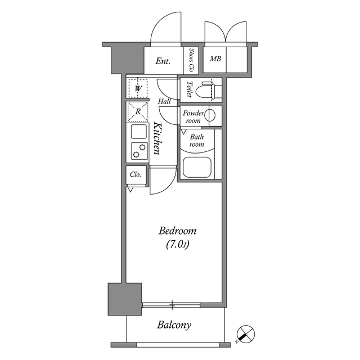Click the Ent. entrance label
[x=163, y=61]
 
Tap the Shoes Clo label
[x=192, y=61]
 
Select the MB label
[x=215, y=59]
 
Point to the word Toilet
[x=190, y=89]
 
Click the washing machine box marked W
[x=137, y=88]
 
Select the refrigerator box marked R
[x=137, y=111]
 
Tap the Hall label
[x=164, y=101]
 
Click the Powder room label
[x=192, y=116]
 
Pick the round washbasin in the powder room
[x=210, y=116]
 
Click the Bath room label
[x=196, y=141]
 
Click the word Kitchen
[x=158, y=139]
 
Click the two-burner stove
[x=138, y=150]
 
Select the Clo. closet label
[x=136, y=174]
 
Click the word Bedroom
[x=177, y=231]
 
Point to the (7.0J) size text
[x=177, y=244]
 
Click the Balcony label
[x=174, y=325]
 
